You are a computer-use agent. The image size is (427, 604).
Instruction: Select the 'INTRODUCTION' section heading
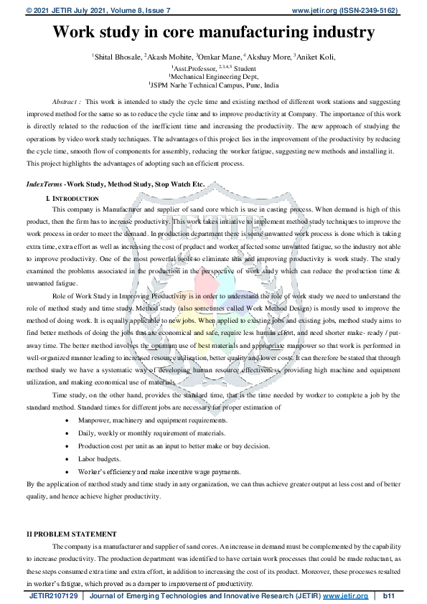click(76, 198)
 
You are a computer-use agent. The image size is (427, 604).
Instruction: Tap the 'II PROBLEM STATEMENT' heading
click(71, 534)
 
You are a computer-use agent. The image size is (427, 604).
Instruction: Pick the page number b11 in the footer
click(390, 596)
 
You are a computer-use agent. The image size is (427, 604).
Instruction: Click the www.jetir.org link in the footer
click(345, 596)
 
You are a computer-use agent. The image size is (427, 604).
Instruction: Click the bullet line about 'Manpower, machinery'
click(153, 420)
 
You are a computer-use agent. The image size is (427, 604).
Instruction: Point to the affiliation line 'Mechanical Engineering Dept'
click(213, 75)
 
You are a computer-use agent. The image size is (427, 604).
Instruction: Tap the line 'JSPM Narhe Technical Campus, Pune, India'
click(213, 84)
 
